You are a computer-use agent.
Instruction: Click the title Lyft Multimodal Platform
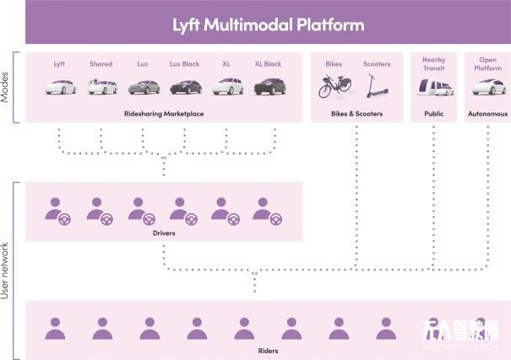pyautogui.click(x=268, y=25)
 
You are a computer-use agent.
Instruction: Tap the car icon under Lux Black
pyautogui.click(x=185, y=86)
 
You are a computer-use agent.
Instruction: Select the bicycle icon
pyautogui.click(x=334, y=86)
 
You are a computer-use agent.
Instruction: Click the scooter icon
pyautogui.click(x=374, y=85)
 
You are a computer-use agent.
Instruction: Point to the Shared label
pyautogui.click(x=101, y=63)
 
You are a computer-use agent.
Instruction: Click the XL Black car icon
pyautogui.click(x=268, y=86)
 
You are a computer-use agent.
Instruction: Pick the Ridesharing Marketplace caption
pyautogui.click(x=163, y=113)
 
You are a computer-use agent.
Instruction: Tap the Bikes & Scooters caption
pyautogui.click(x=356, y=113)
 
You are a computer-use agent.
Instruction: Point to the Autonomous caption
pyautogui.click(x=487, y=113)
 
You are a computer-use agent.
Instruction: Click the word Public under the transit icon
pyautogui.click(x=433, y=113)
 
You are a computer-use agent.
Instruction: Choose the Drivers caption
pyautogui.click(x=163, y=230)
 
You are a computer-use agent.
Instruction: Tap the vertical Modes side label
pyautogui.click(x=7, y=86)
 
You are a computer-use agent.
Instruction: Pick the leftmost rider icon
pyautogui.click(x=56, y=328)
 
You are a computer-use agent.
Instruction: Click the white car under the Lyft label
pyautogui.click(x=59, y=86)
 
